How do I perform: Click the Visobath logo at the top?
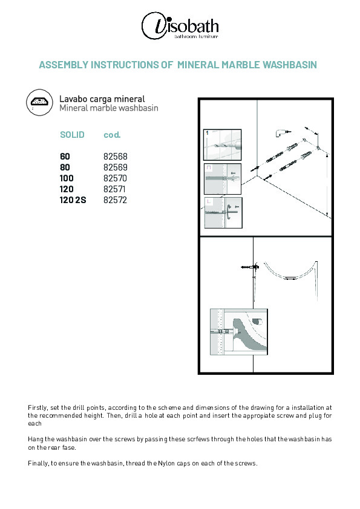180,26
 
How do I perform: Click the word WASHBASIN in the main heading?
290,65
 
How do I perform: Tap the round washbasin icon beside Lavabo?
40,102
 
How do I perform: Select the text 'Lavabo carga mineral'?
102,99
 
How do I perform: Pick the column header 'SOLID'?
72,135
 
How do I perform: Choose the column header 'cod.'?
112,135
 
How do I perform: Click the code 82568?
116,157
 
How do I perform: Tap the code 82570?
116,178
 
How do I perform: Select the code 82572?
116,200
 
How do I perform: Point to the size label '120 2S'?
73,200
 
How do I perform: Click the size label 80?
65,167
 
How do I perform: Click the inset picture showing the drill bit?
222,144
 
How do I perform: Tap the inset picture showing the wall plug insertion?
223,179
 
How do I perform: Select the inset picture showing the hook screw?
223,213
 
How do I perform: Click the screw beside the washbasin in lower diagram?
250,267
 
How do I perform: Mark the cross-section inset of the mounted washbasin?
239,332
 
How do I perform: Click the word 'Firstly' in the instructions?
38,407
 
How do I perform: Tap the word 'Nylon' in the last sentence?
166,464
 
